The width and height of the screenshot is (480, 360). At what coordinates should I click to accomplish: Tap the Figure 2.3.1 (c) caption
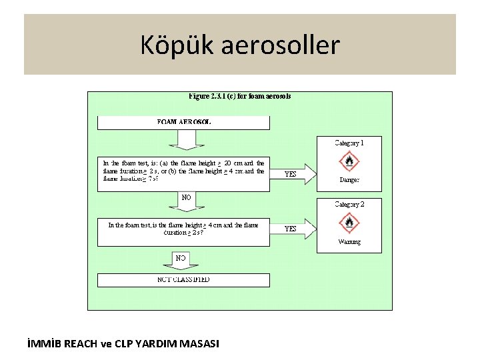click(x=240, y=96)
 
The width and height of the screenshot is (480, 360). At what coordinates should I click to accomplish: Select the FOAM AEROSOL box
click(x=184, y=123)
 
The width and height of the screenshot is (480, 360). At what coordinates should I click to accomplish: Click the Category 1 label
click(x=349, y=143)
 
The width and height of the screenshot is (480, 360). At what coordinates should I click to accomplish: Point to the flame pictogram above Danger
click(x=349, y=161)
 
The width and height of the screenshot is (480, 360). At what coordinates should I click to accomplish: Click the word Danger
click(x=349, y=180)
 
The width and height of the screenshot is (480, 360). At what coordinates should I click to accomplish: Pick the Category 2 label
click(x=349, y=205)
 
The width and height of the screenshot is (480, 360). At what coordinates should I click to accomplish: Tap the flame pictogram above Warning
click(x=349, y=223)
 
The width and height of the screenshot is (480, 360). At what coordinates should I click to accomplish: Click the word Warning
click(x=349, y=241)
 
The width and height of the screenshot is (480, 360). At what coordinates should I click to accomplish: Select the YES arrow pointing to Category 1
click(x=293, y=174)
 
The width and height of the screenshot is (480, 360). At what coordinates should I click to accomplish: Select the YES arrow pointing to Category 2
click(x=293, y=228)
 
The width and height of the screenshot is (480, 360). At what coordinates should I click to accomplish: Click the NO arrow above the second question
click(x=187, y=199)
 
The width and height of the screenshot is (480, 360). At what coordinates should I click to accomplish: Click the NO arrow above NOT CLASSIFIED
click(x=181, y=259)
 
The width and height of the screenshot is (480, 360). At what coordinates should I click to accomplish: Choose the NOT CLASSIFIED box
click(x=184, y=280)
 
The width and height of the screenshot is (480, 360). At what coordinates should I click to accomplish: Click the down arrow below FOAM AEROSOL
click(x=186, y=139)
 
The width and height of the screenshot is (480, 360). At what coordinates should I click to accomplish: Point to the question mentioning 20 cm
click(x=184, y=171)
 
